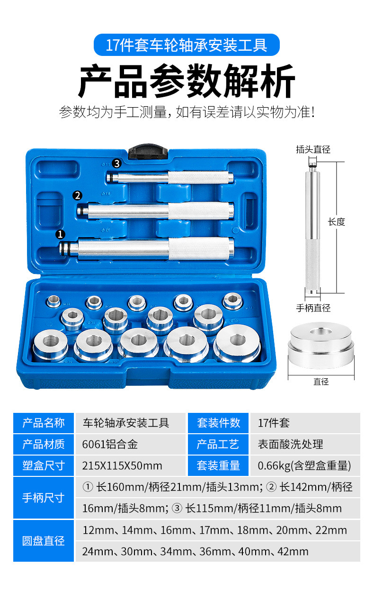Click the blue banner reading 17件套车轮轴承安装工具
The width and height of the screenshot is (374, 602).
point(187,45)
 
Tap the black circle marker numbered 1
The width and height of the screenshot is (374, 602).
point(60,234)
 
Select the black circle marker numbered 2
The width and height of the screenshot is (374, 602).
point(77,195)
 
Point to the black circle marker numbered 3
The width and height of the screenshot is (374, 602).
point(116,163)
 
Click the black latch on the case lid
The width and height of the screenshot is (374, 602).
point(148,152)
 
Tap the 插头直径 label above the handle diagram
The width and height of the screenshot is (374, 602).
point(313,149)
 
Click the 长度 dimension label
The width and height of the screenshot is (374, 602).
point(337,222)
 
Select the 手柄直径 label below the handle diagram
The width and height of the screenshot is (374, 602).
point(313,308)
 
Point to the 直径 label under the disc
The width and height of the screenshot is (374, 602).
point(321,382)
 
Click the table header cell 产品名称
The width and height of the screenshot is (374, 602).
point(44,423)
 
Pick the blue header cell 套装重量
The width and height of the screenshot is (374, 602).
point(218,466)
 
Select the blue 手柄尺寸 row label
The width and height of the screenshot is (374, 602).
point(44,498)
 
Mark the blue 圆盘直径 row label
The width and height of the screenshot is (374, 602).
point(44,541)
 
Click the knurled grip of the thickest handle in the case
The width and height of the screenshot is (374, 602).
point(201,248)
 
